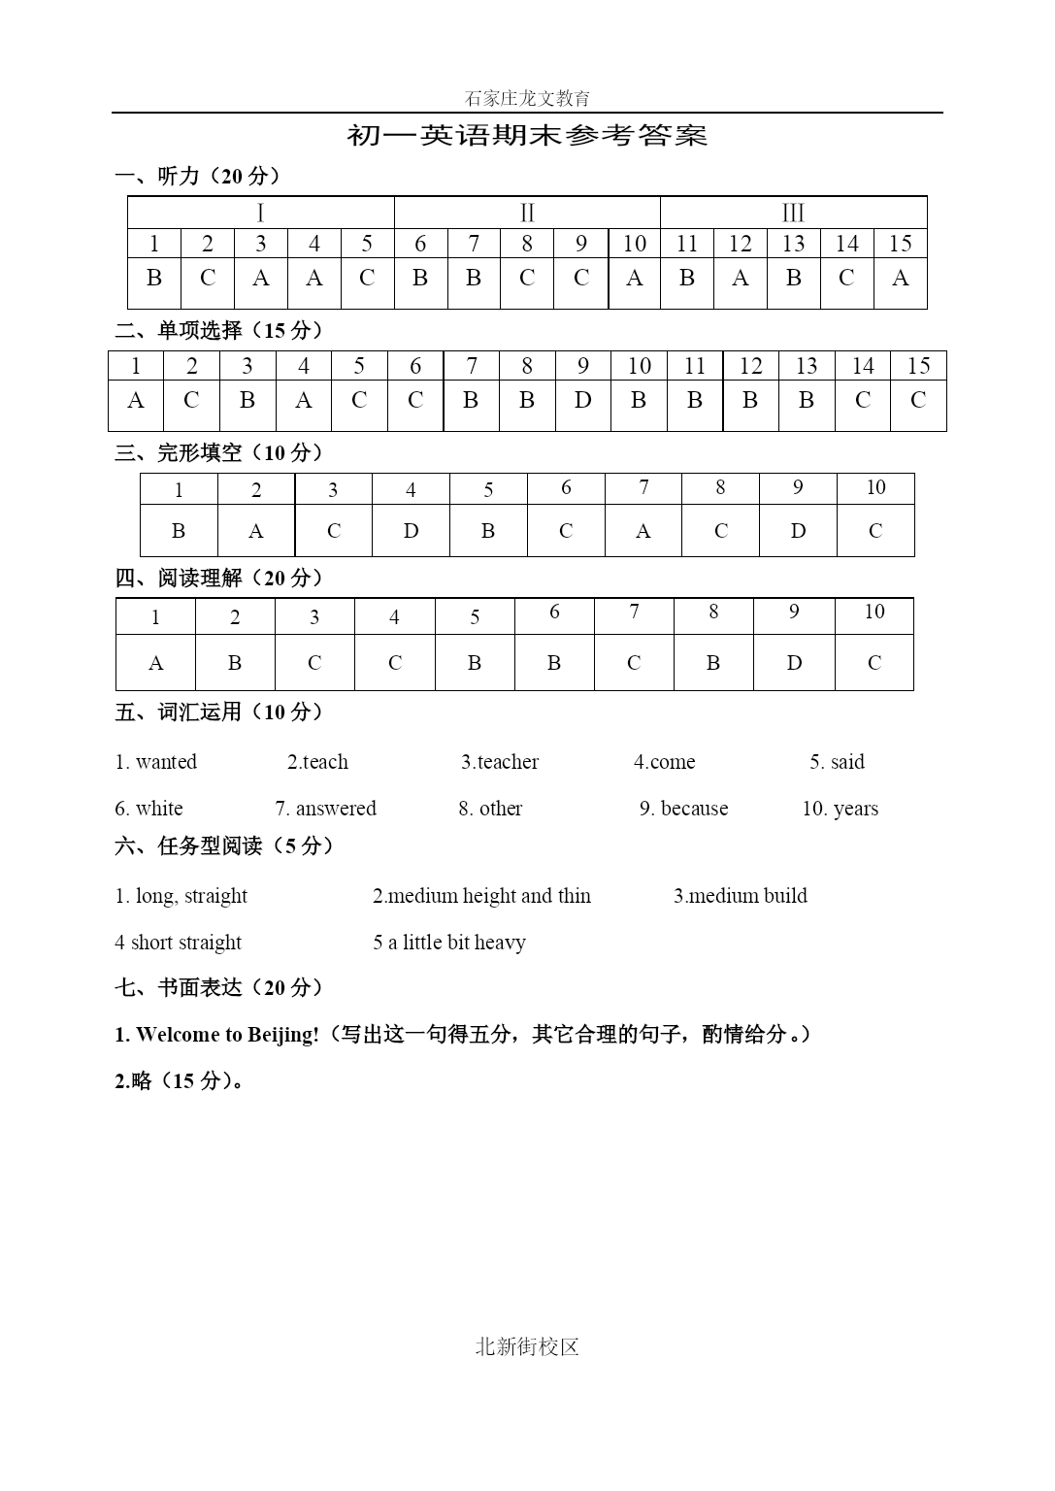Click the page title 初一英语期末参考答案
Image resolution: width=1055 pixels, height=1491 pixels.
(527, 135)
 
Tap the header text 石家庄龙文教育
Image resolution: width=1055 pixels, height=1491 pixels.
(527, 98)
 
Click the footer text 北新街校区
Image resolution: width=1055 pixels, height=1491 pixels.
(527, 1346)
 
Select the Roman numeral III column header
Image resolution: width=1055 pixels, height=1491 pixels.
(793, 213)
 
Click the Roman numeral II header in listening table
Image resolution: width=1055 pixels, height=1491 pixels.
(527, 213)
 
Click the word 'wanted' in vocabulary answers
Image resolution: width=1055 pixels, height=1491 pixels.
(166, 762)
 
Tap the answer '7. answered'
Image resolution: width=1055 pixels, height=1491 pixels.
(325, 809)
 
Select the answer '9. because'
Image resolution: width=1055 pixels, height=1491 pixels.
(683, 809)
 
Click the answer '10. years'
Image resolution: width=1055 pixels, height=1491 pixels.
(840, 809)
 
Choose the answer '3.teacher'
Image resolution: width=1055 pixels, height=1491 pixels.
(500, 762)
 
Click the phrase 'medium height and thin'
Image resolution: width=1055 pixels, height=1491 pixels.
(489, 896)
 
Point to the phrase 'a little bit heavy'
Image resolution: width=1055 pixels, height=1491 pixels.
(456, 943)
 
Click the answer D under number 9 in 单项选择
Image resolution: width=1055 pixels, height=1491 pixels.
(582, 400)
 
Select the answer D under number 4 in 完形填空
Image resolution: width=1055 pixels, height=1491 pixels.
(411, 531)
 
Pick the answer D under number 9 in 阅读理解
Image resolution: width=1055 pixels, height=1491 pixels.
(794, 663)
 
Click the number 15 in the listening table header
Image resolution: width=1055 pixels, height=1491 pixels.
(900, 244)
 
